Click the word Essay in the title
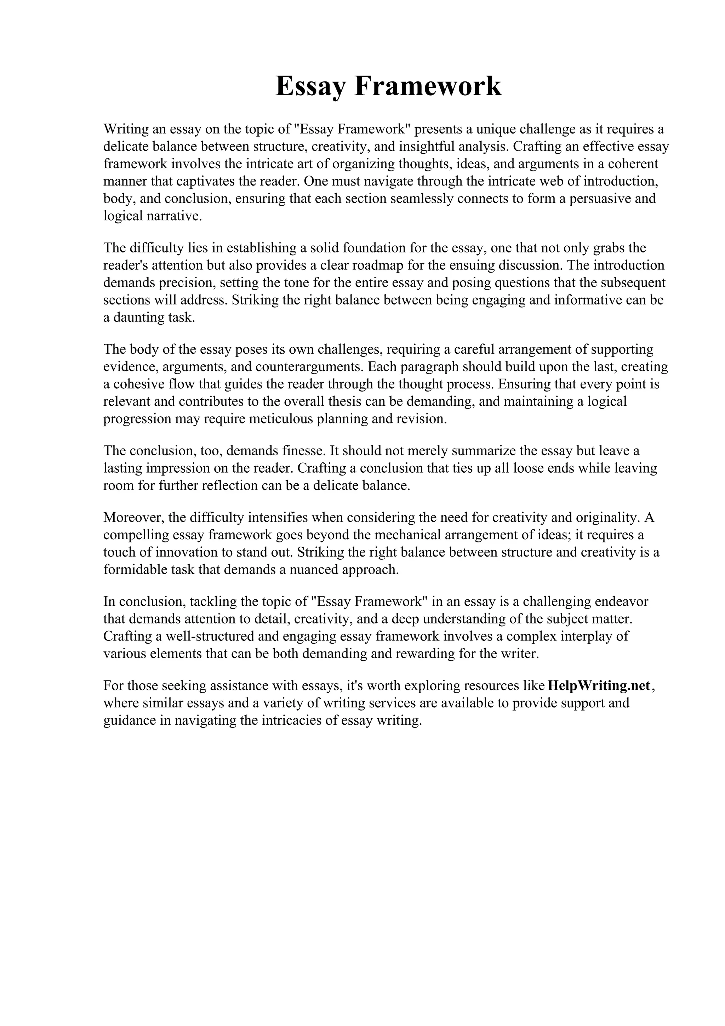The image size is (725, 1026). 311,86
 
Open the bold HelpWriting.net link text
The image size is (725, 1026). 599,685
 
